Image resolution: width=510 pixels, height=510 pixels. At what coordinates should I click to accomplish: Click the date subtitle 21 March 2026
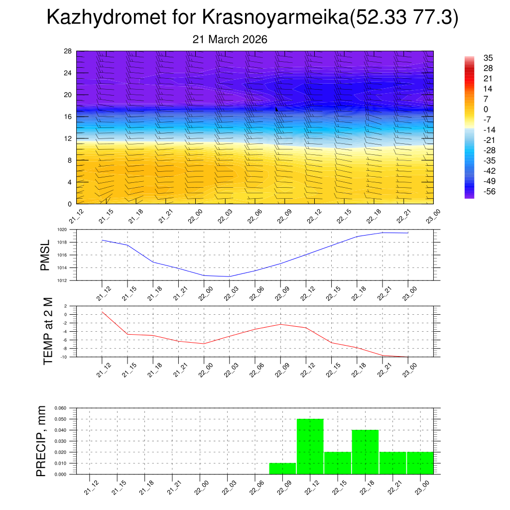click(x=230, y=39)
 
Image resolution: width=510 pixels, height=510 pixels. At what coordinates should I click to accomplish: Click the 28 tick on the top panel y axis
click(x=68, y=51)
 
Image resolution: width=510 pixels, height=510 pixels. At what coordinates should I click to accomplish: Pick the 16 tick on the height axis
click(x=68, y=117)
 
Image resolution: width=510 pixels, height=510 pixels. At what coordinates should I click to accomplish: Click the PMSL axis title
click(x=45, y=255)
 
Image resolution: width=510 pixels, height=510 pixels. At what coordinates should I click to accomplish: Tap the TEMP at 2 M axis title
click(x=48, y=331)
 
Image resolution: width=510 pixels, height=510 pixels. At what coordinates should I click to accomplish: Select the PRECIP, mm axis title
click(x=41, y=441)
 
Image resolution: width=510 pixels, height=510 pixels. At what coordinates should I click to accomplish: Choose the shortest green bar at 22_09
click(x=282, y=469)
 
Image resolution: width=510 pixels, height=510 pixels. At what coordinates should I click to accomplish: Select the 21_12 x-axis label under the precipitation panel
click(x=90, y=487)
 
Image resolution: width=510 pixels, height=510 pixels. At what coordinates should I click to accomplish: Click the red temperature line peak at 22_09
click(x=280, y=324)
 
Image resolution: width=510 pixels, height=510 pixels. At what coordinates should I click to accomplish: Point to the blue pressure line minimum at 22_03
click(x=230, y=276)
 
